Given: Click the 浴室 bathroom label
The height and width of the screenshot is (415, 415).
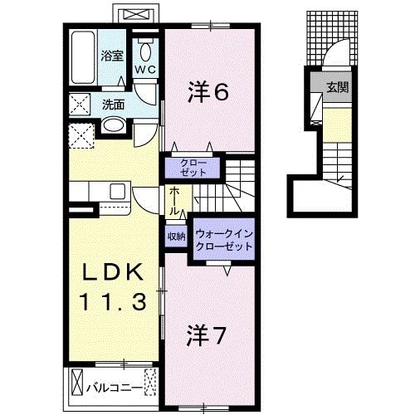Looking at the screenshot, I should [112, 56].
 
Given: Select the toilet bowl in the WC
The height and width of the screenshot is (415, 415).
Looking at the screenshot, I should [145, 46].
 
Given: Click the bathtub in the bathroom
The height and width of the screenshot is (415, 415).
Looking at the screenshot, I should [82, 56].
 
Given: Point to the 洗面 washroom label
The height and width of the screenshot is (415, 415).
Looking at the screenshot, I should [114, 105].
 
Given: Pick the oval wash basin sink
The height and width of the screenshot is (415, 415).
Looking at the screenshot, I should [113, 126].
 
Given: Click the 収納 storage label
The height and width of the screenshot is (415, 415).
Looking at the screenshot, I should [176, 237].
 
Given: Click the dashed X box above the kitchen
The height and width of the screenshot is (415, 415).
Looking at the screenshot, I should [81, 134].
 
